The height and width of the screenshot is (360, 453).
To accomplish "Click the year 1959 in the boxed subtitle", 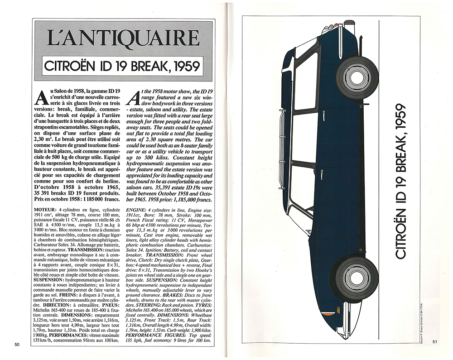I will coord(183,66).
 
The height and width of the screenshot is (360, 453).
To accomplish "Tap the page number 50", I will coord(17,345).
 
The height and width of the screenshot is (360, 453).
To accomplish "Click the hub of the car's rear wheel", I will coord(357,77).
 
